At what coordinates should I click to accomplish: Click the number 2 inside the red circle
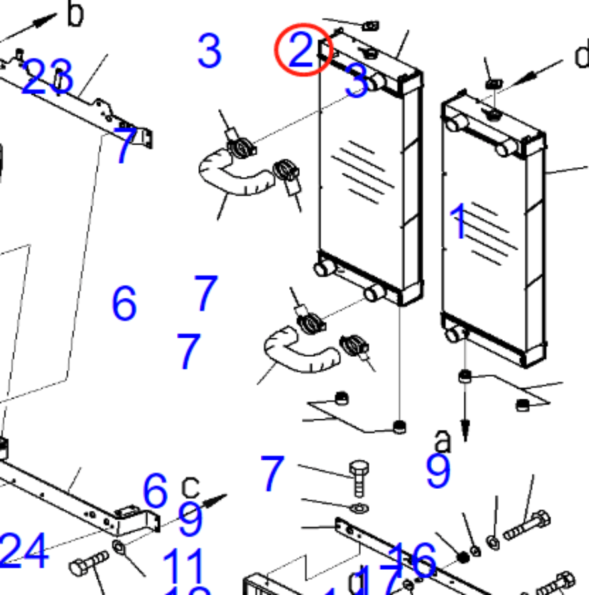pyautogui.click(x=301, y=50)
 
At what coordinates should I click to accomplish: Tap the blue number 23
pyautogui.click(x=46, y=78)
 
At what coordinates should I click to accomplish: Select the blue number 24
pyautogui.click(x=24, y=551)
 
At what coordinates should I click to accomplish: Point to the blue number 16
pyautogui.click(x=412, y=559)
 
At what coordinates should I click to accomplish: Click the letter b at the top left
pyautogui.click(x=76, y=14)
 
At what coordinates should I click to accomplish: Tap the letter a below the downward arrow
pyautogui.click(x=442, y=440)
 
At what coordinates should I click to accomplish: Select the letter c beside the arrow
pyautogui.click(x=190, y=487)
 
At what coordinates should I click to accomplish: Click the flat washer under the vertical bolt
pyautogui.click(x=360, y=508)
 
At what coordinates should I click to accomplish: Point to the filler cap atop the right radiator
pyautogui.click(x=493, y=114)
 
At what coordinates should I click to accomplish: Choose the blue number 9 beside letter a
pyautogui.click(x=438, y=471)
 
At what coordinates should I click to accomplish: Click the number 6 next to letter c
pyautogui.click(x=156, y=491)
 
